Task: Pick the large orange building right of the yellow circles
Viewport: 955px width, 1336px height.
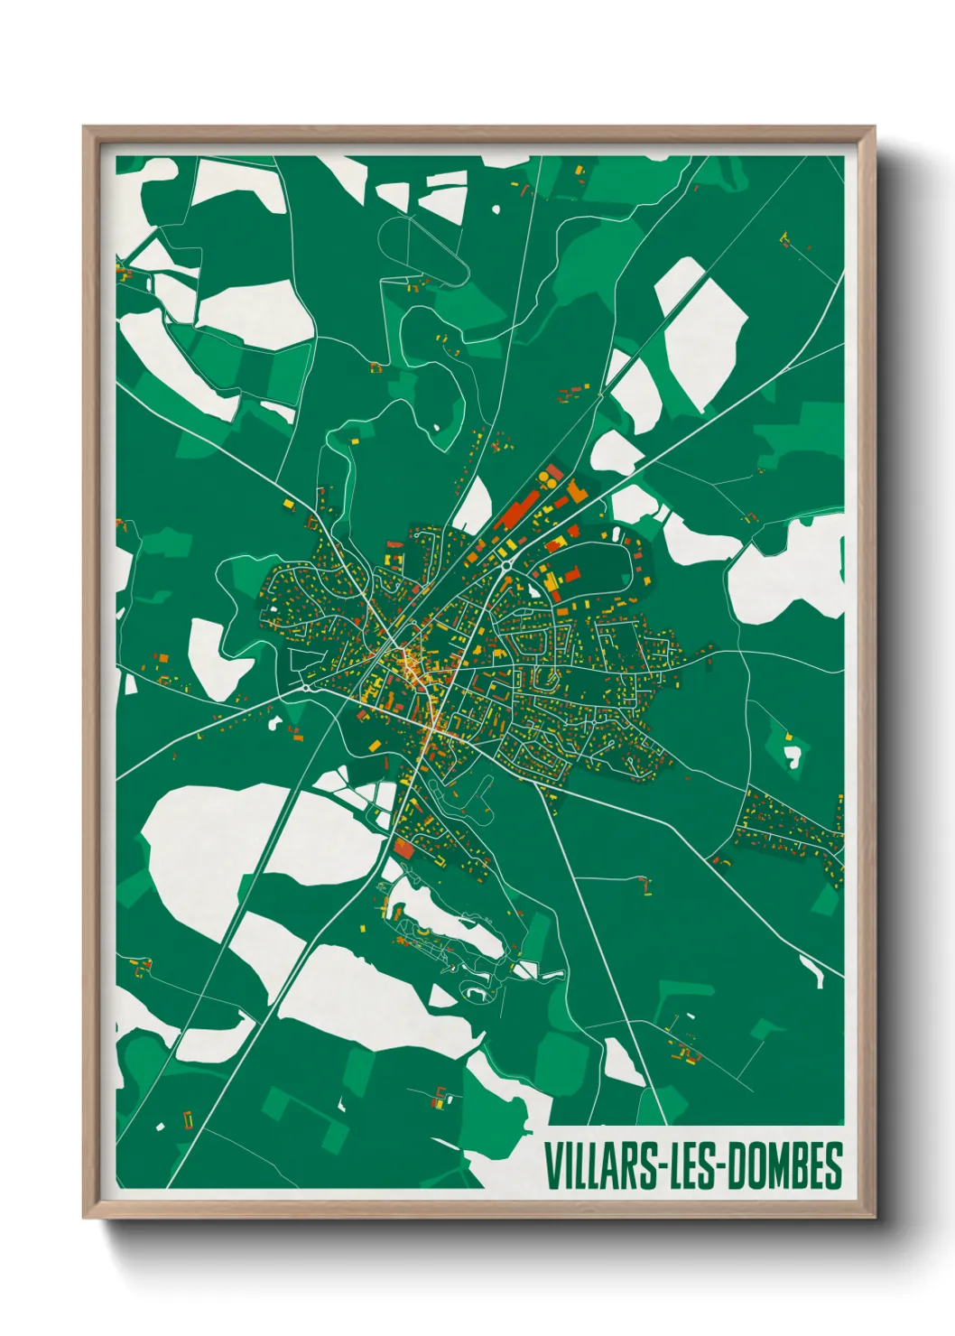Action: click(576, 491)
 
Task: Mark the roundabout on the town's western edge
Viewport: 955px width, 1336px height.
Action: click(308, 687)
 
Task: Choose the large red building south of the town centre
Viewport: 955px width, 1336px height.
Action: click(403, 849)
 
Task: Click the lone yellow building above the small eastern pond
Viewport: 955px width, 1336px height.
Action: click(788, 737)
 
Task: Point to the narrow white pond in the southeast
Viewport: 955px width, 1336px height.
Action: click(812, 971)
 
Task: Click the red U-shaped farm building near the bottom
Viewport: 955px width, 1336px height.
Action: click(188, 1119)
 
